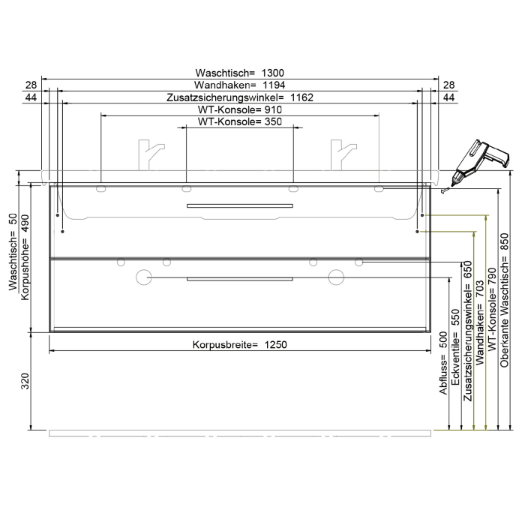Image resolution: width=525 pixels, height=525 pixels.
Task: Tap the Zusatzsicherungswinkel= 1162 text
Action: point(239,97)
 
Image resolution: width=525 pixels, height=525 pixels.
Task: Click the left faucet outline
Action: point(148,154)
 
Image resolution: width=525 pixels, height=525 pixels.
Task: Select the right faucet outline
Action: point(340,154)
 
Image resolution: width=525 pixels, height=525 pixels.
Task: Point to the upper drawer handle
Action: point(239,204)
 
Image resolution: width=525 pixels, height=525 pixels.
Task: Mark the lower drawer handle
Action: point(239,278)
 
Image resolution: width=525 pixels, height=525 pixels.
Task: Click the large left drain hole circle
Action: point(143,278)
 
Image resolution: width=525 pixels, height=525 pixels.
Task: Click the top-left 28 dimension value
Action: point(31,85)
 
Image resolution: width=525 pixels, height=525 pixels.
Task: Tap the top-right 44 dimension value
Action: point(449,97)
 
